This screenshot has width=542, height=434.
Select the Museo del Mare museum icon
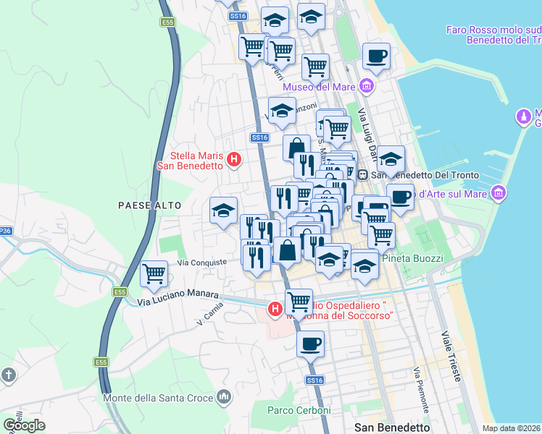366,88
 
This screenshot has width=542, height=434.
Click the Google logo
24,425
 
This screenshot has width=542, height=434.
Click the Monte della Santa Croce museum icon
225,397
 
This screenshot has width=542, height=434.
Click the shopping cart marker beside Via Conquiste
154,274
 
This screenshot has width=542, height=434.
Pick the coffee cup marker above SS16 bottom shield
311,344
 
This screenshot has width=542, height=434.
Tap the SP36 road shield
5,231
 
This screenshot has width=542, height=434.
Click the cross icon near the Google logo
8,375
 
